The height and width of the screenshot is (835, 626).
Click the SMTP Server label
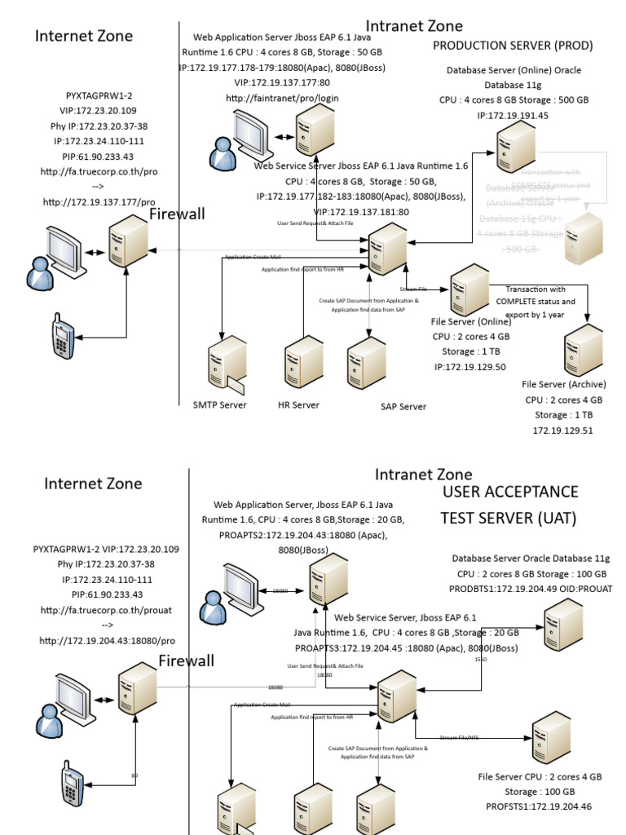click(219, 404)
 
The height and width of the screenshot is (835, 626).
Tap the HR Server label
click(298, 404)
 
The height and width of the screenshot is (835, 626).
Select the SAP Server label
click(403, 406)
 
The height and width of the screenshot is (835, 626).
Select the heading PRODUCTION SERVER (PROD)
click(512, 46)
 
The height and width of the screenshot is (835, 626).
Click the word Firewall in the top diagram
click(177, 214)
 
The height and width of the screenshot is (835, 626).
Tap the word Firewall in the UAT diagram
click(187, 660)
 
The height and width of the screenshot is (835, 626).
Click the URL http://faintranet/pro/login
click(282, 98)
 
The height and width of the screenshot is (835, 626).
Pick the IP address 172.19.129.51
click(562, 430)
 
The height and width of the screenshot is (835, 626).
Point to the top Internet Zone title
click(83, 36)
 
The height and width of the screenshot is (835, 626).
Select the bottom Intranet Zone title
click(423, 474)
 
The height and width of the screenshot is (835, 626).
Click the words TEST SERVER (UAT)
click(509, 518)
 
